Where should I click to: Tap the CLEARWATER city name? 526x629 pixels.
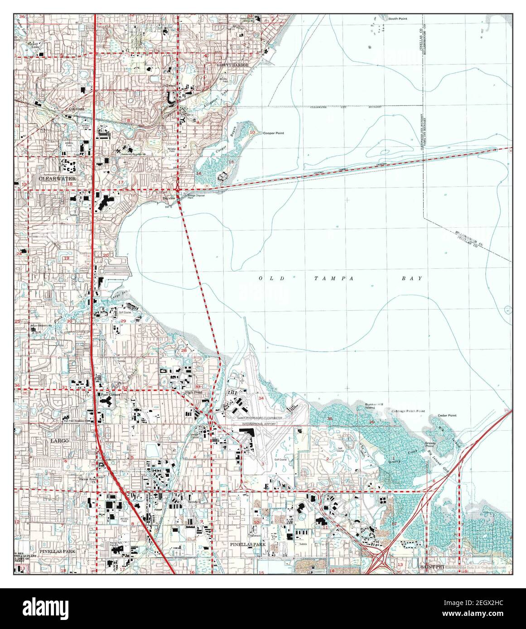pos(58,179)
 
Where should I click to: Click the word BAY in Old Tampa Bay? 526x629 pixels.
pos(414,279)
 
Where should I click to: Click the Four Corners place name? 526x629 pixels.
pos(111,395)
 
